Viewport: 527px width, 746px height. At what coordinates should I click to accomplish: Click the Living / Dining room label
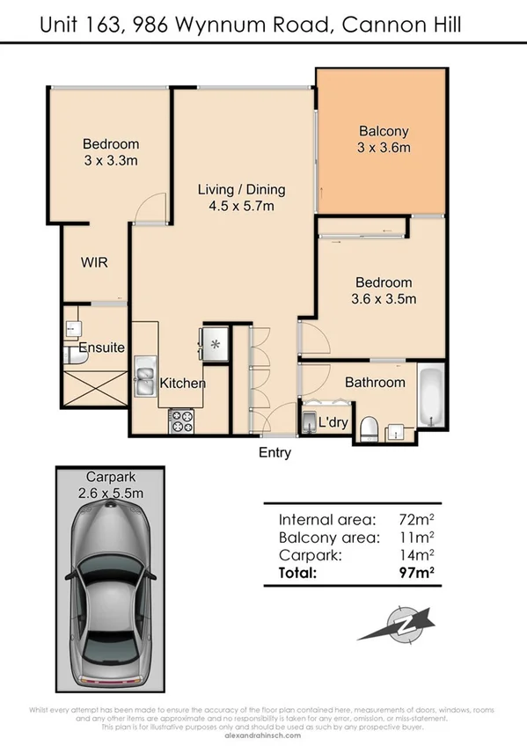pyautogui.click(x=241, y=190)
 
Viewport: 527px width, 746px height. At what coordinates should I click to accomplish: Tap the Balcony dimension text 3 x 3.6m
pyautogui.click(x=384, y=149)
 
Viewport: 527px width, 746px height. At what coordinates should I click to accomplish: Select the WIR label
pyautogui.click(x=94, y=262)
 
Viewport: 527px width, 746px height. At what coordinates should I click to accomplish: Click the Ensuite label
pyautogui.click(x=101, y=347)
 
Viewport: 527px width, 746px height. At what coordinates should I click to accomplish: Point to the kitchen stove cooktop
pyautogui.click(x=180, y=421)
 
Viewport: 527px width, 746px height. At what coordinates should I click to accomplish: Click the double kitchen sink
pyautogui.click(x=145, y=377)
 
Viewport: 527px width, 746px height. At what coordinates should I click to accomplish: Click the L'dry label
pyautogui.click(x=333, y=423)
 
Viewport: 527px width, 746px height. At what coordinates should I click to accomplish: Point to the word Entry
pyautogui.click(x=274, y=454)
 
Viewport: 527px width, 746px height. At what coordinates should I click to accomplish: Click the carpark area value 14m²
pyautogui.click(x=419, y=554)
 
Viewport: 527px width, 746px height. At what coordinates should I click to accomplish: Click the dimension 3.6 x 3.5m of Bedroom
pyautogui.click(x=384, y=299)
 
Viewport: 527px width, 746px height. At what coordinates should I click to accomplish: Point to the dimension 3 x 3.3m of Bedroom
pyautogui.click(x=111, y=160)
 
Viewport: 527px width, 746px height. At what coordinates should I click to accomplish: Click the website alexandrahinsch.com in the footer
pyautogui.click(x=263, y=735)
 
